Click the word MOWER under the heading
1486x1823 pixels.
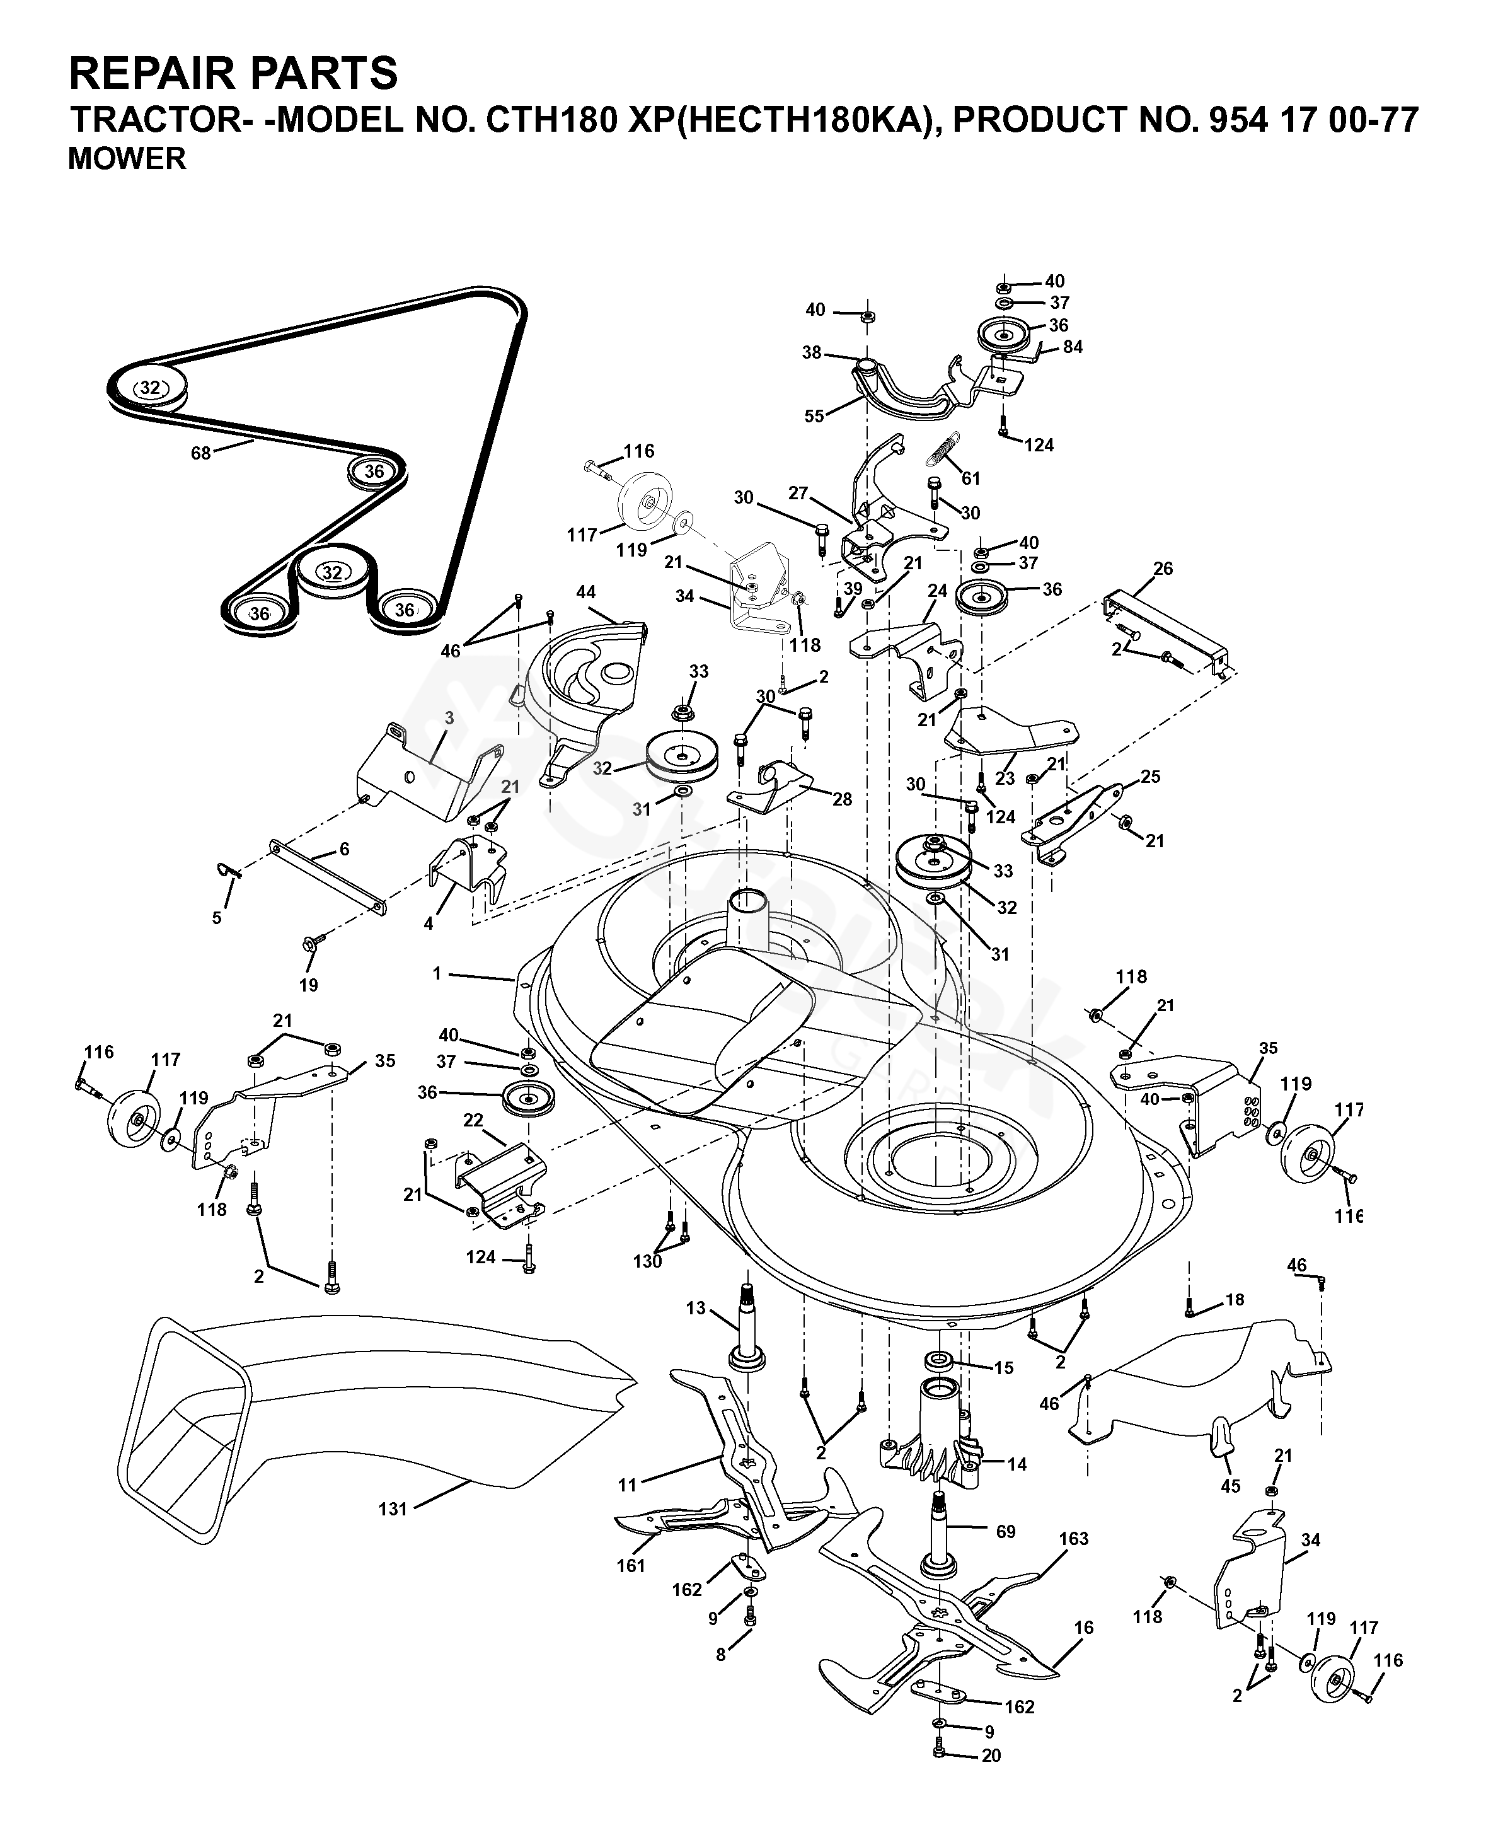tap(127, 159)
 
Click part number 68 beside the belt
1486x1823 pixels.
tap(200, 453)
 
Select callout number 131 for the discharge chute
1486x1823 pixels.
tap(393, 1508)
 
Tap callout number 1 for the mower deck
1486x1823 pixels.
tap(437, 973)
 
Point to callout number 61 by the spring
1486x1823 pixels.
tap(971, 478)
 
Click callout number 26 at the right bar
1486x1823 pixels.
tap(1163, 569)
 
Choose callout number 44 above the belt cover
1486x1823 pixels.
tap(585, 593)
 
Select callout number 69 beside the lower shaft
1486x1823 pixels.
tap(1006, 1530)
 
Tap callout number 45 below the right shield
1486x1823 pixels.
tap(1230, 1486)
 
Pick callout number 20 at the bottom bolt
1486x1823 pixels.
tap(991, 1773)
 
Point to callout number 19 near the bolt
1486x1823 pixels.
tap(308, 985)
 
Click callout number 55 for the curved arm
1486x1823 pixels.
tap(814, 415)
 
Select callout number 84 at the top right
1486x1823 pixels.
tap(1073, 347)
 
